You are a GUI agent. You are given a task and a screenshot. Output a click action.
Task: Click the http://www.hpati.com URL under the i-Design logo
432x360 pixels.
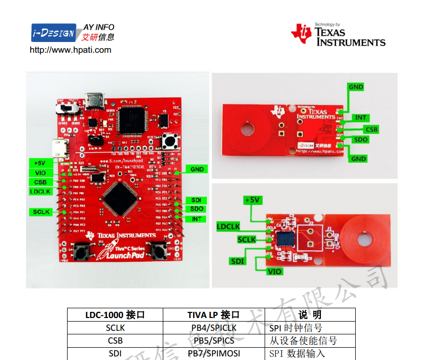71,50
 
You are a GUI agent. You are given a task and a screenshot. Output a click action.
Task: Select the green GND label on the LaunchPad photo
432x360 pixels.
197,169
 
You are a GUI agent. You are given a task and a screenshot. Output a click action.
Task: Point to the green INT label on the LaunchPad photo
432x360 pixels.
197,219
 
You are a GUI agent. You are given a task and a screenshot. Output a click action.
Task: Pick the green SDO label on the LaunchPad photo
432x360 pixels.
197,209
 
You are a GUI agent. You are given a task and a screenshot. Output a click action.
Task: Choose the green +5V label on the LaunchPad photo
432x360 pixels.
40,163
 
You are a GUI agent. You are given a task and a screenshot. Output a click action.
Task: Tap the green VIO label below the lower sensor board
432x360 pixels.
275,271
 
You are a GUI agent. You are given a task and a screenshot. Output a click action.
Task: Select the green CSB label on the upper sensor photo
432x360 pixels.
371,130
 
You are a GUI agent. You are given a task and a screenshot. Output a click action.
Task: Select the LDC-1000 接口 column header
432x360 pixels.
115,314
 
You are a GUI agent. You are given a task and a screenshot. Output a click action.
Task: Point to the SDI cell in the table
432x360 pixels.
115,353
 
